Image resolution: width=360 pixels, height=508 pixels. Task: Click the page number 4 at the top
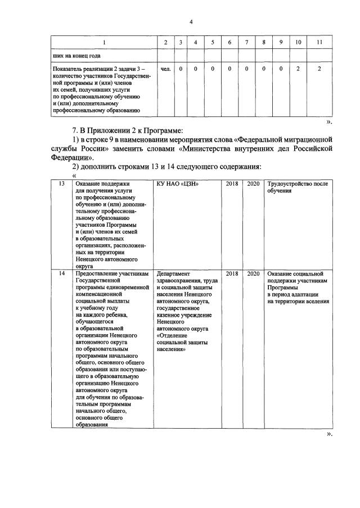click(191, 22)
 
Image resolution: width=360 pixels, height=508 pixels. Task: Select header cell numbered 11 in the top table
click(319, 43)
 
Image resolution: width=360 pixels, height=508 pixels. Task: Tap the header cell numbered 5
click(212, 43)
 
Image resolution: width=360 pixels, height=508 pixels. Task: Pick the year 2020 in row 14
click(253, 273)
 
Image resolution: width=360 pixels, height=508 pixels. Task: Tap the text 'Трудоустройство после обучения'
click(297, 187)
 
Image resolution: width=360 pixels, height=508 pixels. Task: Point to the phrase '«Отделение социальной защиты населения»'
click(183, 342)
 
